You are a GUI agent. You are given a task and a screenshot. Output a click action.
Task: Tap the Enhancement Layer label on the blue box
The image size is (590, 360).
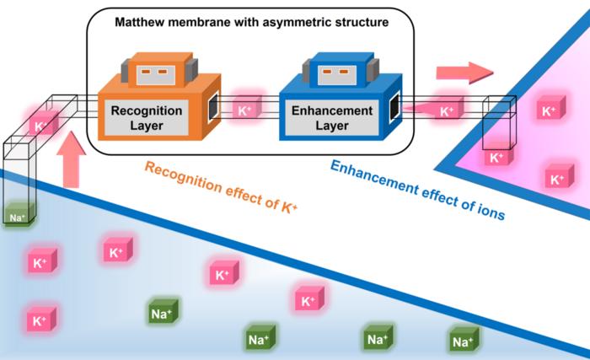[x=331, y=118]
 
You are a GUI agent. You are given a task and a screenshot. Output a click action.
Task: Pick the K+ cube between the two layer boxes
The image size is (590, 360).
[x=244, y=110]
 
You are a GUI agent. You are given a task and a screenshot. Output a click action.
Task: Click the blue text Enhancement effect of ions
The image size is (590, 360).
[x=417, y=189]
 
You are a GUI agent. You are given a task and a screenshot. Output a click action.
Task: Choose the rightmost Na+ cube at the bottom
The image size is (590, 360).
[x=462, y=341]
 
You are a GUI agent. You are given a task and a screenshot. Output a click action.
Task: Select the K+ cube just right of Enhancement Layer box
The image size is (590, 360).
[x=446, y=110]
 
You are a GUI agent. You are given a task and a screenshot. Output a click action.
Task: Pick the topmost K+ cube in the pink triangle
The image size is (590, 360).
[x=549, y=110]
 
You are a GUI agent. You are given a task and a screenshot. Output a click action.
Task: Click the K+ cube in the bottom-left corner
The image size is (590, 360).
[x=40, y=320]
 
